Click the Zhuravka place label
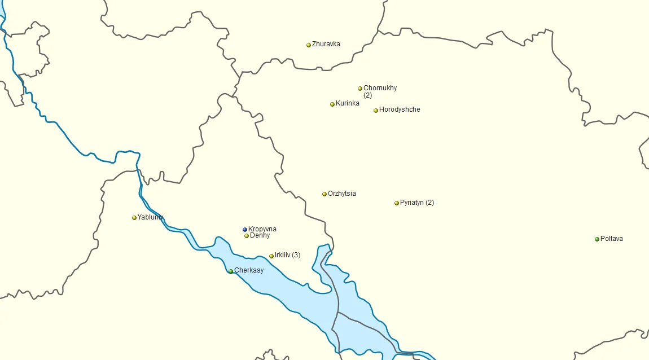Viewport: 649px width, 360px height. (326, 44)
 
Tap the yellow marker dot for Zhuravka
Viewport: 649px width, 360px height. (309, 45)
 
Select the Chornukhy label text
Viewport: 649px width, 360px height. (380, 88)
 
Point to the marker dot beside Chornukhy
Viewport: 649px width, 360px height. (360, 89)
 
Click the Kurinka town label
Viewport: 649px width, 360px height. (347, 103)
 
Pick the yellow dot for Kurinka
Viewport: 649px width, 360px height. (332, 104)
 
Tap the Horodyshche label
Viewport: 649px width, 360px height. (400, 109)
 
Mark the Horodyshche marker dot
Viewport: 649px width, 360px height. (376, 111)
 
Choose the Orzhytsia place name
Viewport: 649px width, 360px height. (341, 194)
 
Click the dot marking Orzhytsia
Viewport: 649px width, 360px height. (324, 194)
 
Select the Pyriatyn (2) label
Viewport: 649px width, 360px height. (416, 203)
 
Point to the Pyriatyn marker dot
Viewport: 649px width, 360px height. (397, 203)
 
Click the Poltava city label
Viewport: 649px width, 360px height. (612, 239)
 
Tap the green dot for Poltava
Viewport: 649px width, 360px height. (597, 239)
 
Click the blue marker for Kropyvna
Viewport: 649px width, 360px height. (245, 230)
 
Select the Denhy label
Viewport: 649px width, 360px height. (260, 235)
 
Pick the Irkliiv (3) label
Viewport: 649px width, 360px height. (287, 255)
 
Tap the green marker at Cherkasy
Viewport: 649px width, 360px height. (231, 271)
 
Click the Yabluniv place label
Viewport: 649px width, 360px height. (151, 217)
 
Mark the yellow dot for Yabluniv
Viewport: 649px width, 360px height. (134, 218)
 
